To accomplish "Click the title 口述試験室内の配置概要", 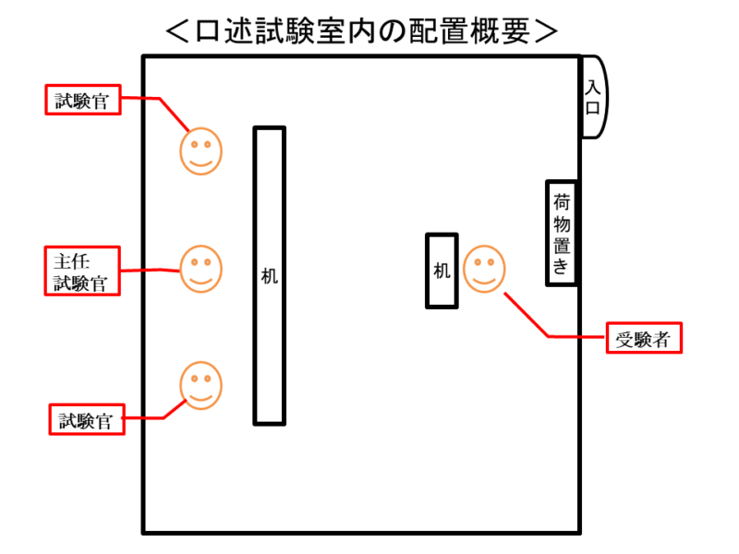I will pos(361,30).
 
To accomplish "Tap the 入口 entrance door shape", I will pos(592,97).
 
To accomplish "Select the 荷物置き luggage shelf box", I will pos(562,233).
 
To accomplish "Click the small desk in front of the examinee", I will pos(442,271).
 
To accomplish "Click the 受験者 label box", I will pos(643,339).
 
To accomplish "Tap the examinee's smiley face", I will pos(484,269).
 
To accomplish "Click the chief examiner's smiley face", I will pos(200,268).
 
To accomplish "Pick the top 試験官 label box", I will pos(83,100).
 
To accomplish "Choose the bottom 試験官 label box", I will pos(85,420).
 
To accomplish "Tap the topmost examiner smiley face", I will pos(200,151).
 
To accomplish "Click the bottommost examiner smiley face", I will pos(200,385).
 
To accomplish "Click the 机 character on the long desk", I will pos(269,275).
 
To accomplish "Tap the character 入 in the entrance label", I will pos(592,87).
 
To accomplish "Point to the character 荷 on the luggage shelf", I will pos(562,201).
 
